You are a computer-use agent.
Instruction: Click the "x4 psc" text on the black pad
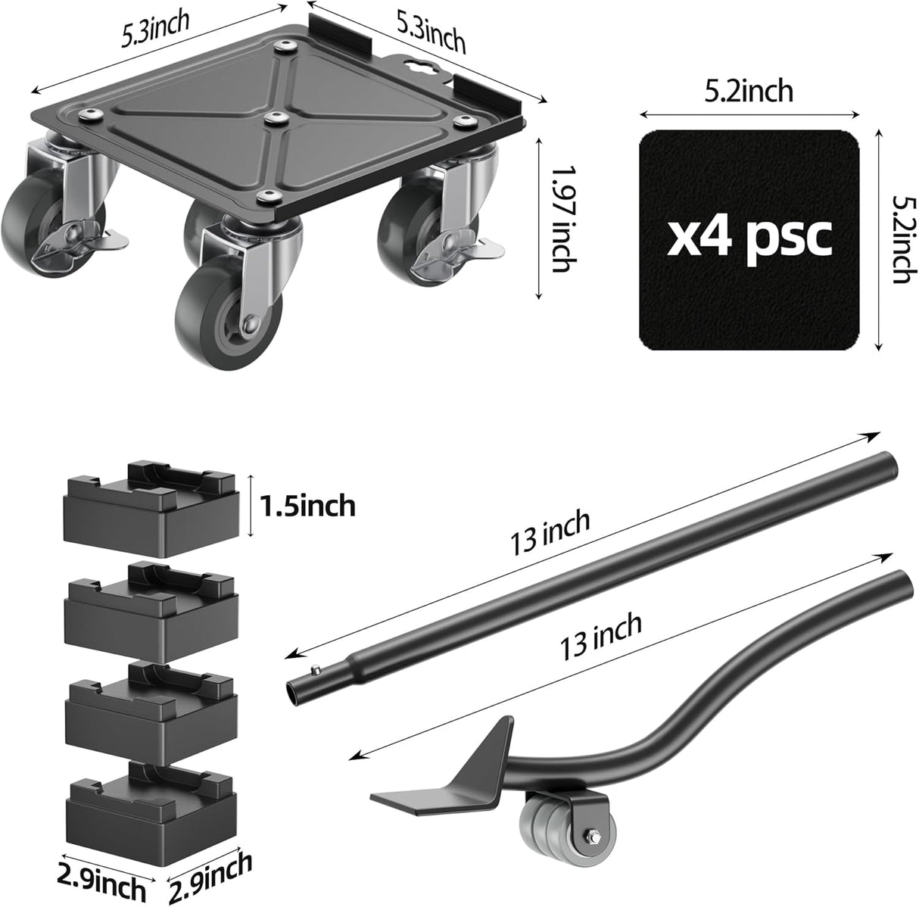click(749, 238)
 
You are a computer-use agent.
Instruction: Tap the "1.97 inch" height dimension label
click(559, 220)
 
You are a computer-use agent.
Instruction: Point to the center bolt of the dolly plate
click(273, 117)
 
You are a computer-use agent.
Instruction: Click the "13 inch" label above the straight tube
click(551, 532)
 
